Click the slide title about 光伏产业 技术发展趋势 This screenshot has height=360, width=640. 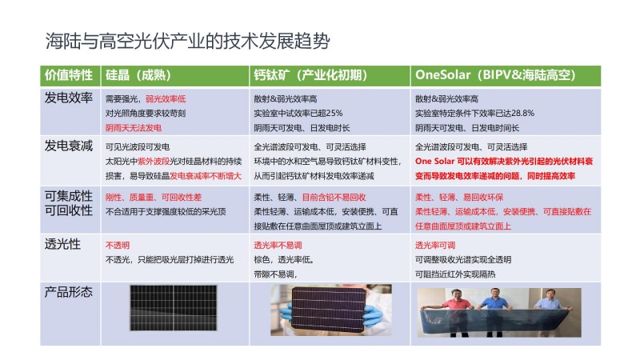click(187, 41)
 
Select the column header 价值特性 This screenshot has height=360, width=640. click(69, 75)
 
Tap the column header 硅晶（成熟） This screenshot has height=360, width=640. click(138, 75)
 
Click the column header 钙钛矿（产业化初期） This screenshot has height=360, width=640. click(310, 75)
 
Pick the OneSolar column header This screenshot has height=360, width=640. click(495, 75)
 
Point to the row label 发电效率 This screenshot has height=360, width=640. click(69, 98)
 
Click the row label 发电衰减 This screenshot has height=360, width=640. click(69, 146)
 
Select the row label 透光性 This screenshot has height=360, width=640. click(62, 244)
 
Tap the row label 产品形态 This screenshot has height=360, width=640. click(69, 292)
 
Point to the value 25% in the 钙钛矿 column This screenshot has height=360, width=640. click(334, 113)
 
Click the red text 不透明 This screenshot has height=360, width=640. click(117, 246)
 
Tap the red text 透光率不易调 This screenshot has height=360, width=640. click(278, 246)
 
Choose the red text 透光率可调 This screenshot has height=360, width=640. click(435, 246)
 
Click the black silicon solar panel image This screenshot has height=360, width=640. click(174, 308)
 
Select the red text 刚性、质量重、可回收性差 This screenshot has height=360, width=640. click(154, 198)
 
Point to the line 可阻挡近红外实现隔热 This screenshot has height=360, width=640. click(455, 274)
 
